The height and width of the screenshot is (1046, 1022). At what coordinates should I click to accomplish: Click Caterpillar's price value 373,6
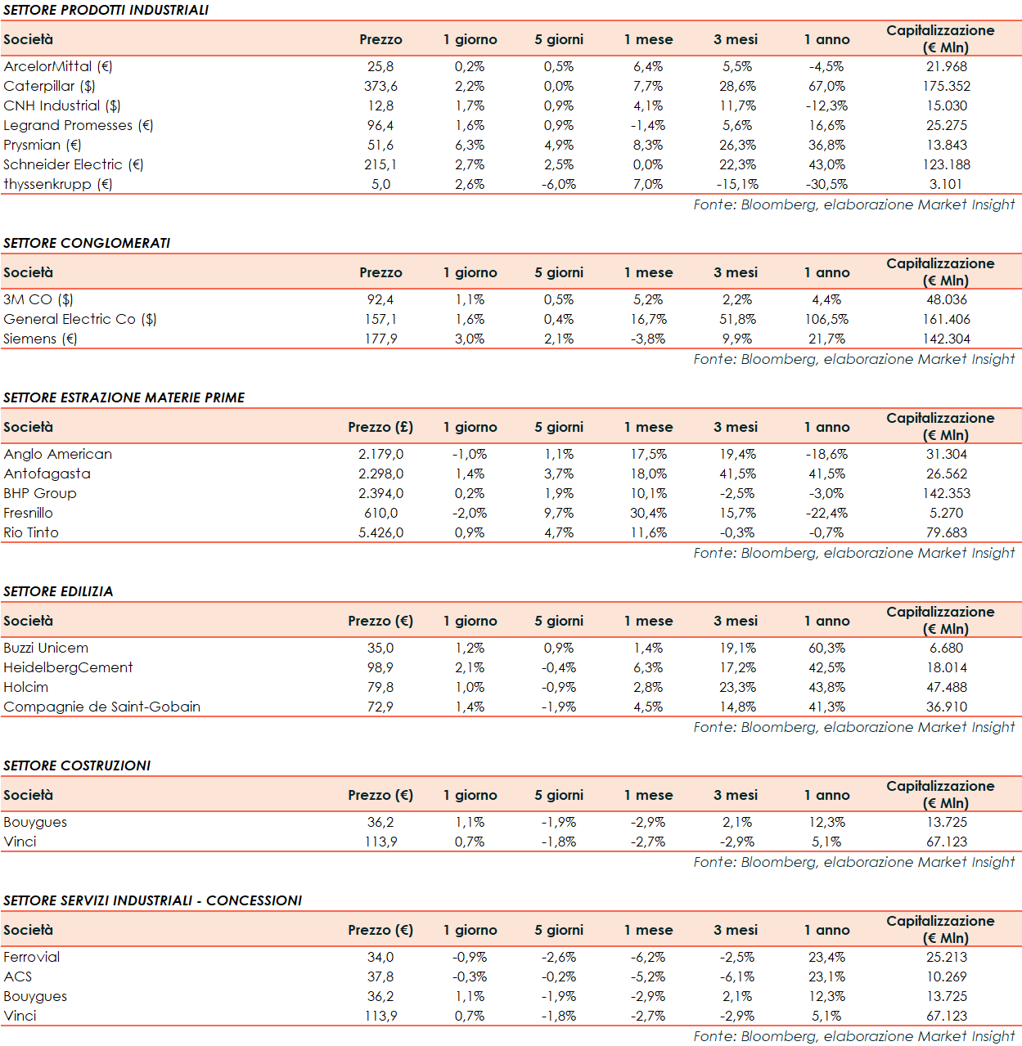point(380,86)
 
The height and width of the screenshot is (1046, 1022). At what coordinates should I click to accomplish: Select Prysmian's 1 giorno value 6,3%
point(470,145)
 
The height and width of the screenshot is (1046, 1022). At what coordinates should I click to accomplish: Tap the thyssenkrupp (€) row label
point(57,184)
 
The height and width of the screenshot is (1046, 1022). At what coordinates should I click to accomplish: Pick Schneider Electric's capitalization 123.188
point(946,164)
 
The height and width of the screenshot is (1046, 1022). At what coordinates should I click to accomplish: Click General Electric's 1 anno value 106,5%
point(826,319)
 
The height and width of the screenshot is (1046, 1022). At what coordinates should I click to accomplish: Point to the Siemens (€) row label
point(40,339)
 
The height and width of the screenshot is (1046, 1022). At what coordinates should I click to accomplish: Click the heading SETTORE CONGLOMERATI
point(87,243)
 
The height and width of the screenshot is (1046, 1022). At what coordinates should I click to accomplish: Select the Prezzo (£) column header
point(380,427)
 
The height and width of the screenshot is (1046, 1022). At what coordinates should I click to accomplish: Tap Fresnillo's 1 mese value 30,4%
point(648,513)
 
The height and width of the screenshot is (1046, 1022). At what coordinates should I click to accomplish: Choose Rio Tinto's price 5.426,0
point(380,532)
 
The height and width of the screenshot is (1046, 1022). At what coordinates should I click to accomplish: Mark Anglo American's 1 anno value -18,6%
point(826,454)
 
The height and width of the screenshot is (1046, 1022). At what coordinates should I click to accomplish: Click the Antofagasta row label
point(47,474)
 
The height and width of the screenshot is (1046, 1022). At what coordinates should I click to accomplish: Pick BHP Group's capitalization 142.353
point(946,493)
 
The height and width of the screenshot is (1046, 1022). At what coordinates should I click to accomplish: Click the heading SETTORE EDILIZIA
point(58,591)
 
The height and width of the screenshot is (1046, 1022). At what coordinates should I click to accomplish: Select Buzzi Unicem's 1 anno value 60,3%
point(826,648)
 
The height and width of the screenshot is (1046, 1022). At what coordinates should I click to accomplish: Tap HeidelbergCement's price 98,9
point(380,667)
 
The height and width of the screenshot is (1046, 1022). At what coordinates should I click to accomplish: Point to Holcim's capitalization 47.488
point(946,687)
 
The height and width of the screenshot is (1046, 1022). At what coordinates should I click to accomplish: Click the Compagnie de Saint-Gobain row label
point(101,707)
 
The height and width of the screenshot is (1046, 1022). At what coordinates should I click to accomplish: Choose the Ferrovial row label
point(32,957)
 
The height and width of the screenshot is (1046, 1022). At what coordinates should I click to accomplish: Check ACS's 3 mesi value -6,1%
point(737,976)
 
